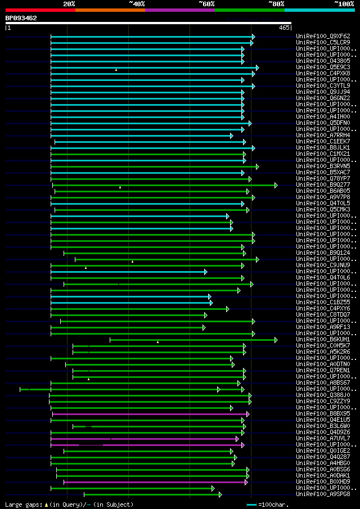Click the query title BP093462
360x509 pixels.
21,18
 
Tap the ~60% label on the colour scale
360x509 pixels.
206,3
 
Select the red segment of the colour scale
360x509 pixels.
40,10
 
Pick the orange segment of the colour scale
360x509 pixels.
110,10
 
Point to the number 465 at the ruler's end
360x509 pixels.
283,28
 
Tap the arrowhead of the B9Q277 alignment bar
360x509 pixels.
276,185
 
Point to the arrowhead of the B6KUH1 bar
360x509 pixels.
276,340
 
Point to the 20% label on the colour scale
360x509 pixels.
69,3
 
